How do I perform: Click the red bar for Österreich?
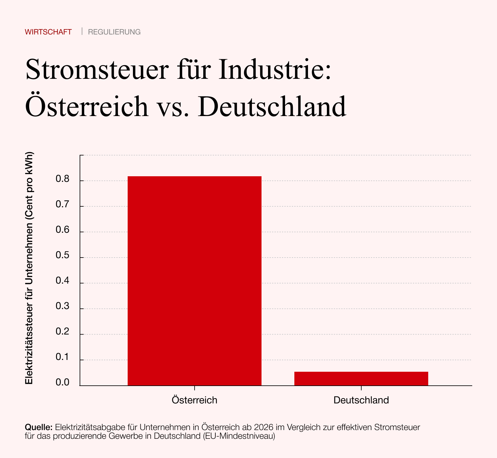coord(194,281)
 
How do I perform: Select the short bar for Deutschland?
coord(361,379)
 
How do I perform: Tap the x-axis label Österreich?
coord(194,400)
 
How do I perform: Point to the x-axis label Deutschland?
coord(361,400)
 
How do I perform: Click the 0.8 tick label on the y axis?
coord(62,179)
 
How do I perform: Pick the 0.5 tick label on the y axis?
coord(62,255)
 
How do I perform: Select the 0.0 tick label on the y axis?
coord(62,383)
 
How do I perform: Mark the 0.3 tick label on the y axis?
coord(62,306)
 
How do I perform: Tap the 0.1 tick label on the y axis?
coord(62,357)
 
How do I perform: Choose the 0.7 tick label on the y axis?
coord(62,204)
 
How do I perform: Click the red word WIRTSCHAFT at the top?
coord(48,32)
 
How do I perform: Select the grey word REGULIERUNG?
coord(114,32)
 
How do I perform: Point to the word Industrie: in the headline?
coord(275,70)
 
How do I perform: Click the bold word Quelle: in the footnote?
coord(38,427)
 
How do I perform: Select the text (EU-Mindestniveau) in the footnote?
coord(239,436)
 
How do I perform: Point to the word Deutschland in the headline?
coord(274,106)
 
